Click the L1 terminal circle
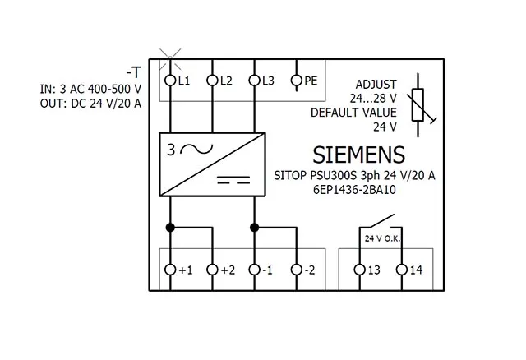point(170,81)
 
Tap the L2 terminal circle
point(212,81)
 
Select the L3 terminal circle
point(255,81)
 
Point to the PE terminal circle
point(297,81)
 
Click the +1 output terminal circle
point(170,270)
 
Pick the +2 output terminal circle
point(212,270)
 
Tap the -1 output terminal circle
point(255,270)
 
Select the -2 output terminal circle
point(297,270)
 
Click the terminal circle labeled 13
point(359,270)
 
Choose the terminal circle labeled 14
point(402,270)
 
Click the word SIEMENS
point(358,155)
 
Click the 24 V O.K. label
point(381,238)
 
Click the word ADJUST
point(376,85)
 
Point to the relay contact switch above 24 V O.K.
point(380,221)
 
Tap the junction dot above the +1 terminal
point(170,227)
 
